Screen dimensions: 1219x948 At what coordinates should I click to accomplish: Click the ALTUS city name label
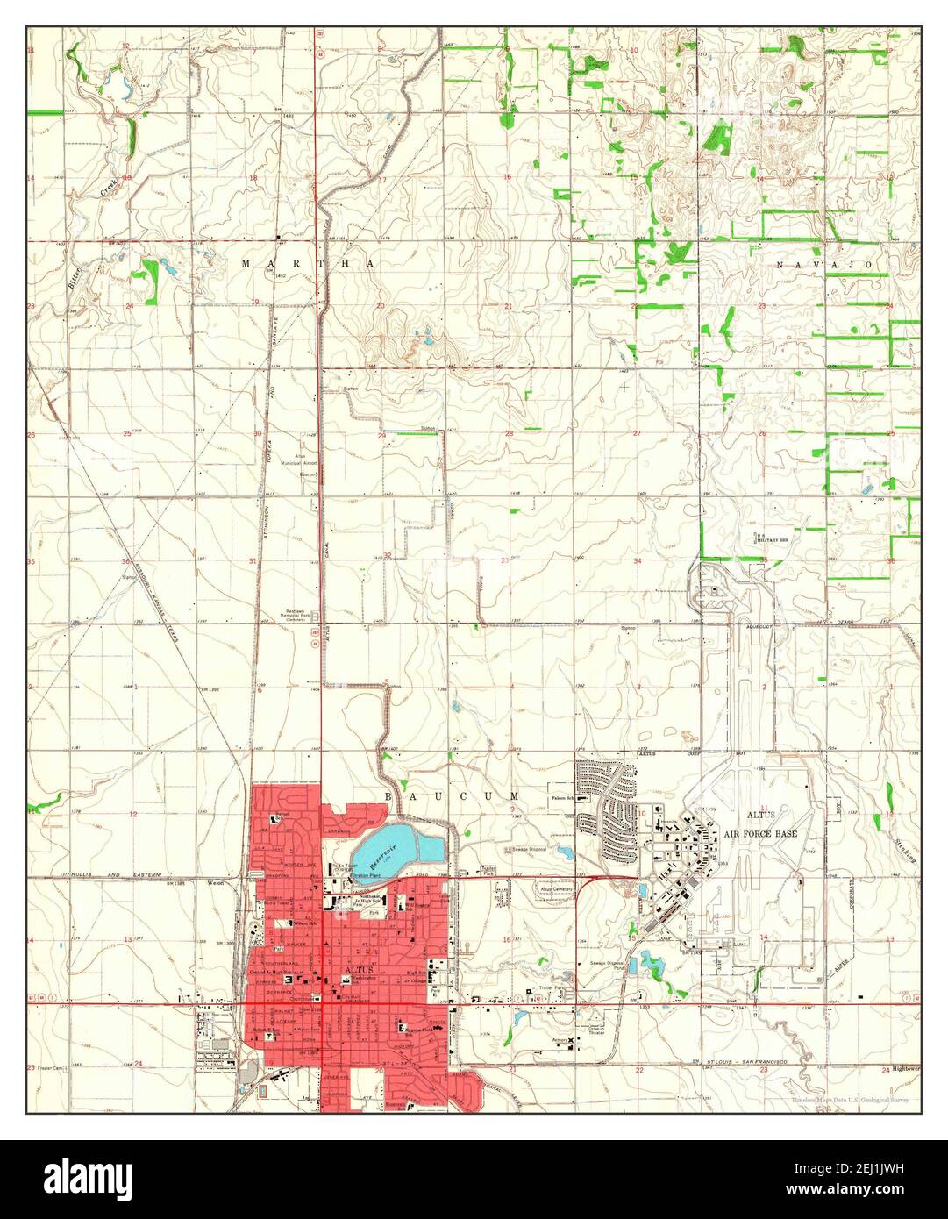(360, 970)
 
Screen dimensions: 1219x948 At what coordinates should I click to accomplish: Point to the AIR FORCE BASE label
(762, 834)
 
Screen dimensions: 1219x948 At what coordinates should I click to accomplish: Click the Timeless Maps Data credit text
(849, 1099)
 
